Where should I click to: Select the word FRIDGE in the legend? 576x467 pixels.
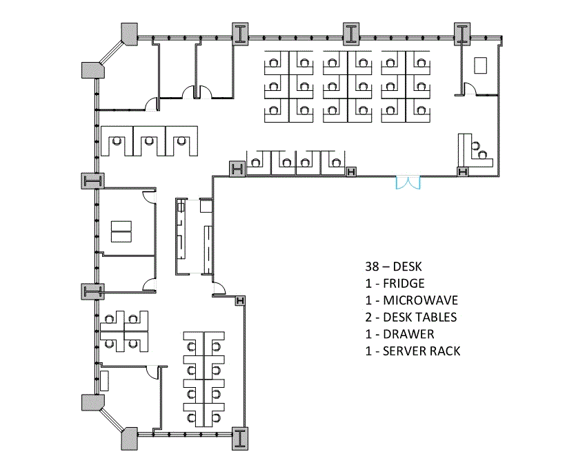click(x=404, y=283)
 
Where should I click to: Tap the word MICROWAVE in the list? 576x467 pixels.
click(x=421, y=300)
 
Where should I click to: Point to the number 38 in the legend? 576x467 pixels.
click(x=373, y=266)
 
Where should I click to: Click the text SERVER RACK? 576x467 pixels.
click(x=421, y=351)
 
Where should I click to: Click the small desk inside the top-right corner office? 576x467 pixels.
click(x=480, y=65)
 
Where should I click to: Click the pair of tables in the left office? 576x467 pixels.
click(x=121, y=231)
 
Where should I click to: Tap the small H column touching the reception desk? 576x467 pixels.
click(x=463, y=171)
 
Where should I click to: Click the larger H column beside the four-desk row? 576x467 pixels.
click(x=237, y=168)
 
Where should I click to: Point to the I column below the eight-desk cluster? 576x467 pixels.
click(x=240, y=438)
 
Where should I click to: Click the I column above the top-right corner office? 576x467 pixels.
click(x=461, y=32)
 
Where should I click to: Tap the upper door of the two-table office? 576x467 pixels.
click(x=148, y=196)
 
